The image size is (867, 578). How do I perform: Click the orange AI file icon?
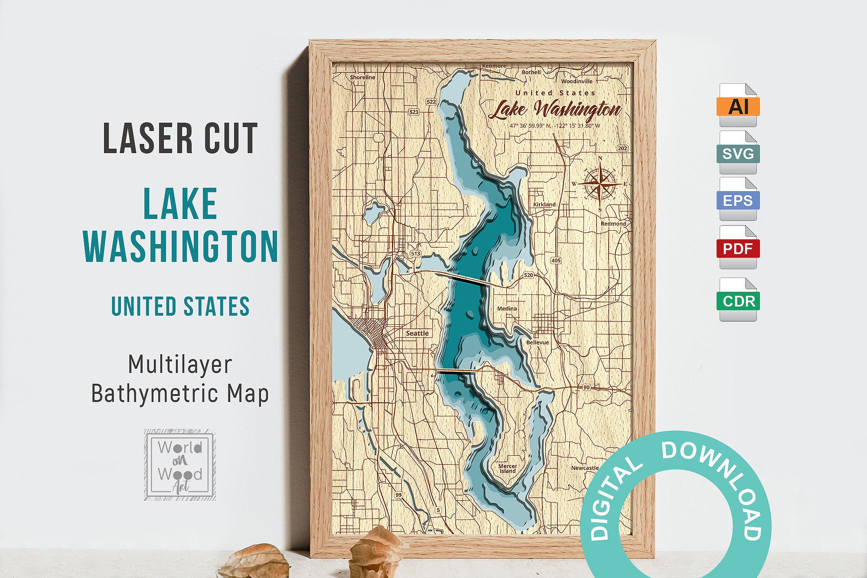pos(738,105)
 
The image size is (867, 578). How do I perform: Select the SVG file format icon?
pos(738,153)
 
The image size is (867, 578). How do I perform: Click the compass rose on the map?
pos(600,184)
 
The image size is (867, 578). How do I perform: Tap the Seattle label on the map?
pos(417,333)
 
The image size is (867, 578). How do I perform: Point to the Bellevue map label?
pos(538,342)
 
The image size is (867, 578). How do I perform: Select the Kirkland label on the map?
pos(544,204)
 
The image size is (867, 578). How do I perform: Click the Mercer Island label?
pos(508,468)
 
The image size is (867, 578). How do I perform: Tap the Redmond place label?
pos(613,223)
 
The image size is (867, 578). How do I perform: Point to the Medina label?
pos(507,308)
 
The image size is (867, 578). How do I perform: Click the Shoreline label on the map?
pos(362,77)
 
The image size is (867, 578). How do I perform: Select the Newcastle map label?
pos(584,468)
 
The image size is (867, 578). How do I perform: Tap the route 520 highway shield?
pos(528,275)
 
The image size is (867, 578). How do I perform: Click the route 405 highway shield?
pos(556,261)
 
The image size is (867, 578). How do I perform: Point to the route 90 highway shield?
pos(586,387)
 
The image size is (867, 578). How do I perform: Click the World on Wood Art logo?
pos(180,464)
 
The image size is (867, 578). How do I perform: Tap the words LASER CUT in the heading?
pos(180,138)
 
